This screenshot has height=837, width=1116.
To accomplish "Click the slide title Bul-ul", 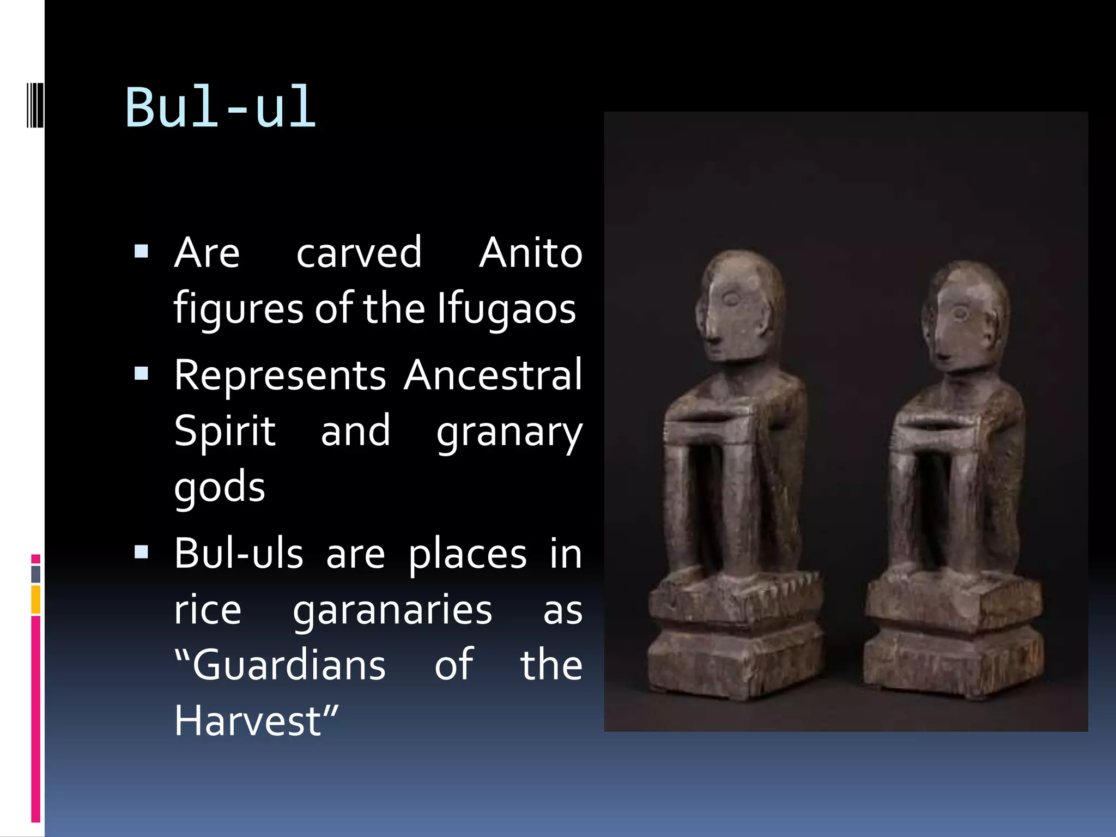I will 220,108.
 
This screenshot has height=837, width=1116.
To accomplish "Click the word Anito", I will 530,253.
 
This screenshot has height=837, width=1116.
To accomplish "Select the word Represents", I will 280,376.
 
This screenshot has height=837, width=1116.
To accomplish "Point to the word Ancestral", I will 493,376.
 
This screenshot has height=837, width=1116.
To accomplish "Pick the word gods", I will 220,487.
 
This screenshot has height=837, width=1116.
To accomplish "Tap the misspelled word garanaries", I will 392,610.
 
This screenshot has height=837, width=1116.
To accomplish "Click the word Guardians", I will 289,666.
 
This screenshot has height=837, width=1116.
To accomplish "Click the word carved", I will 359,253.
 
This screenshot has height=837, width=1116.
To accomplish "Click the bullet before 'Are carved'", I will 142,251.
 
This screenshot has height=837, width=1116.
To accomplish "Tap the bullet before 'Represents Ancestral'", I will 142,374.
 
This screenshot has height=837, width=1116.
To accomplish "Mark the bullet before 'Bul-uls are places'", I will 142,553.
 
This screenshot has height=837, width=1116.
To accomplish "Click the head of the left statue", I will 738,305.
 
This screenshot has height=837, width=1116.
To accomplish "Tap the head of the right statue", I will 965,316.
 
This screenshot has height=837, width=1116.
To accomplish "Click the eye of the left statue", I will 731,299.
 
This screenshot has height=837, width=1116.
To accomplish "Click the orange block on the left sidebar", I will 36,599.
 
